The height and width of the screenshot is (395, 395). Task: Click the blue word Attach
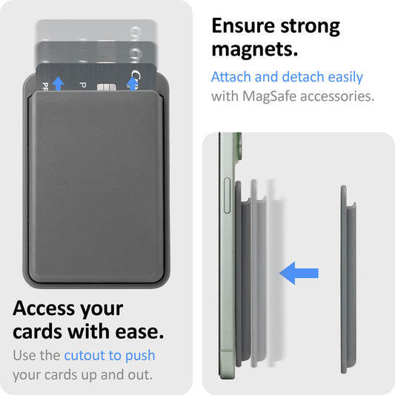coord(233,77)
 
